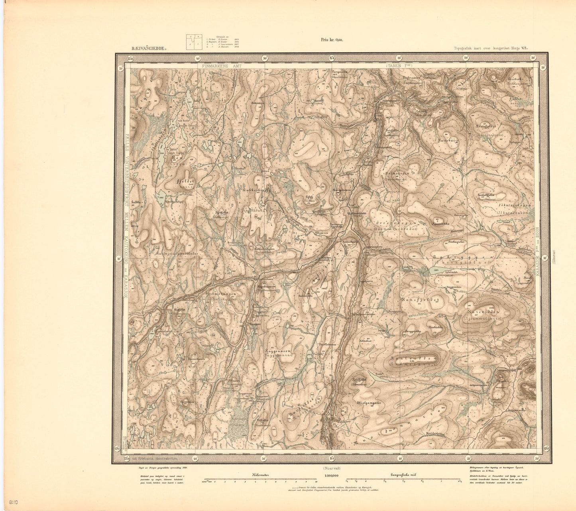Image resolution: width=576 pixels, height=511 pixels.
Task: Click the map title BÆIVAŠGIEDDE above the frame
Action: (147, 48)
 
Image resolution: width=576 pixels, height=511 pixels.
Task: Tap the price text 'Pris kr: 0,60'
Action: (332, 39)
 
